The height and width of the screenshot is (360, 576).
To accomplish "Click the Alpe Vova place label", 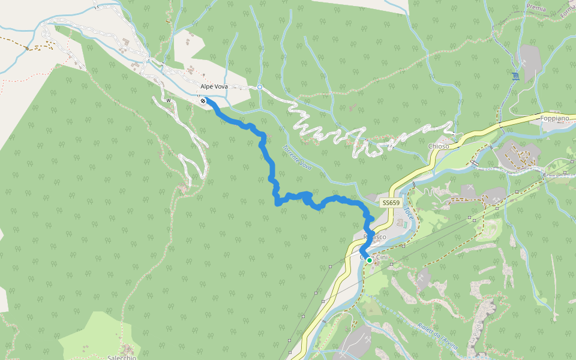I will coord(214,87).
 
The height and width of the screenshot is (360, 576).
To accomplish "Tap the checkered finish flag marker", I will coord(205,101).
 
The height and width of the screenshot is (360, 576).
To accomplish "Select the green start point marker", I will coord(369,260).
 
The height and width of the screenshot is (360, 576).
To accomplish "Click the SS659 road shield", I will coord(390,203).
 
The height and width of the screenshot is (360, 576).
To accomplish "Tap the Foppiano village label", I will coord(554,119).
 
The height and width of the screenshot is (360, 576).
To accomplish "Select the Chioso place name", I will coord(439,146).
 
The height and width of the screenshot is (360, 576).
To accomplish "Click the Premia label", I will coord(536,8).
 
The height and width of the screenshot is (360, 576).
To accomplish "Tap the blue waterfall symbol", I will coord(515,76).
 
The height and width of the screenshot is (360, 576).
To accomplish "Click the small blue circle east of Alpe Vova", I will coord(260,88).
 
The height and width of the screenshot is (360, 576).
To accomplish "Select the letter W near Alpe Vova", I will coord(169,100).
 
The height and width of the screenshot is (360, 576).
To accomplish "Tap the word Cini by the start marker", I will coord(382,257).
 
